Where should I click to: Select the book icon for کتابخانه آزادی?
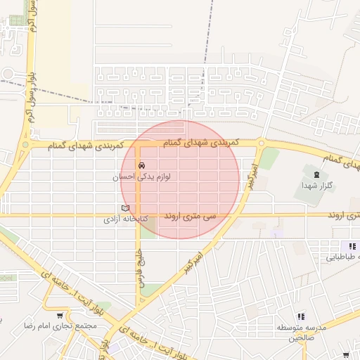126,208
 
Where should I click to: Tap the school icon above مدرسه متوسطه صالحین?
301,317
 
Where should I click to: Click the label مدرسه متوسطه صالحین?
302,332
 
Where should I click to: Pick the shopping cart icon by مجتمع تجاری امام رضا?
61,316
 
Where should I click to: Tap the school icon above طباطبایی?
352,246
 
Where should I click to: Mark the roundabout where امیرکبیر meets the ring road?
262,143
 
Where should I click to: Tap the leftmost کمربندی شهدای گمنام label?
86,145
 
